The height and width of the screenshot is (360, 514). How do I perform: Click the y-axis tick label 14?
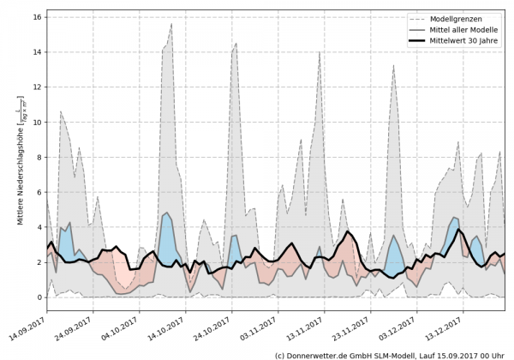click(39, 51)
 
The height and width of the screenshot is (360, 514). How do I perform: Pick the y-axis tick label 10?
click(39, 122)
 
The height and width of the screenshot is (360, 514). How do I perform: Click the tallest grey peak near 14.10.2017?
click(170, 24)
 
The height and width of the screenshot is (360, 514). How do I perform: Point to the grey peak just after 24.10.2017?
click(236, 43)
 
